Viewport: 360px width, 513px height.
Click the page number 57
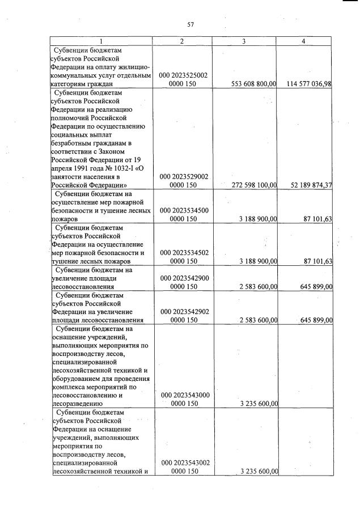190,24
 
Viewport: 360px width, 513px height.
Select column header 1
101,41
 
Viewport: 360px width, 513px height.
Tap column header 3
244,41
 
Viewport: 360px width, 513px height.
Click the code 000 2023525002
183,75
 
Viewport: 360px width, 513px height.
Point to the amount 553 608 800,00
254,84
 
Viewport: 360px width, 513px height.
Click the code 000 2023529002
183,176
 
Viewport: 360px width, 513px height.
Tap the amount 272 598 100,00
254,185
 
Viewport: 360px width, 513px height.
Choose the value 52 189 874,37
311,185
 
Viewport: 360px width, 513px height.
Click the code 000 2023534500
183,210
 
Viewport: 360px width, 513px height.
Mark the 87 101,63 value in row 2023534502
317,261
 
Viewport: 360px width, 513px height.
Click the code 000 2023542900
183,278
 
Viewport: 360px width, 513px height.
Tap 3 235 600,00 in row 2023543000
257,404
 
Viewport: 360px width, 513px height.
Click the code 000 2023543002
183,463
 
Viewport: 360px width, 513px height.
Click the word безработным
74,143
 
